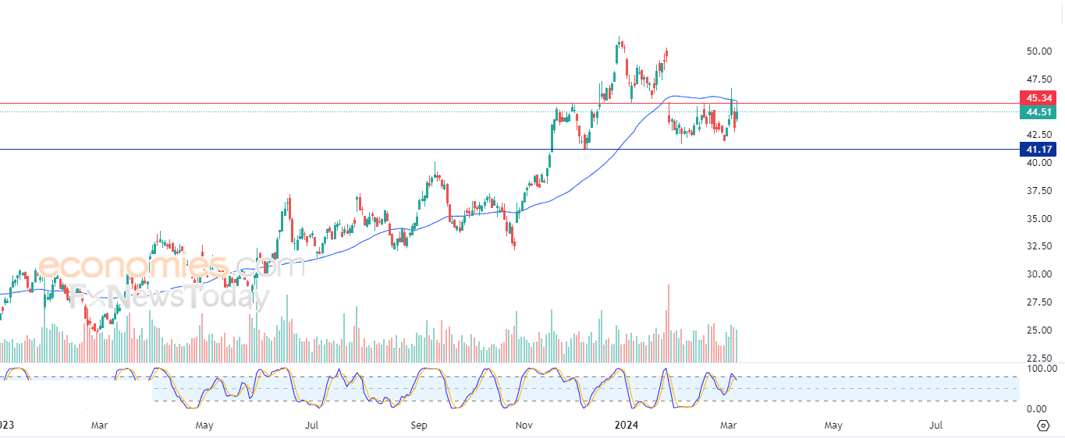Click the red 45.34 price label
coord(1038,98)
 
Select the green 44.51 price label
coord(1038,112)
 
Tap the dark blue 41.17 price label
coord(1038,150)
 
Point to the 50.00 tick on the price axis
coord(1038,51)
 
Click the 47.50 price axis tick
coord(1038,79)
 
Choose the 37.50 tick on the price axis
coord(1038,190)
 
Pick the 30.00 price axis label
coord(1038,274)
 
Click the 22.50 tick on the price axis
coord(1038,359)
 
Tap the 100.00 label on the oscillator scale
coord(1042,369)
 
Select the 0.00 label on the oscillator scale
coord(1036,408)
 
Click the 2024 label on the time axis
coord(627,426)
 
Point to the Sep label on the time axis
coord(419,426)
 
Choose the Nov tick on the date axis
coord(524,426)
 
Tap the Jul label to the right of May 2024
coord(935,426)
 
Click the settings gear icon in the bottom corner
coord(1043,426)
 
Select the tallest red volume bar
coord(669,323)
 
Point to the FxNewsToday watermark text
coord(169,296)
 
